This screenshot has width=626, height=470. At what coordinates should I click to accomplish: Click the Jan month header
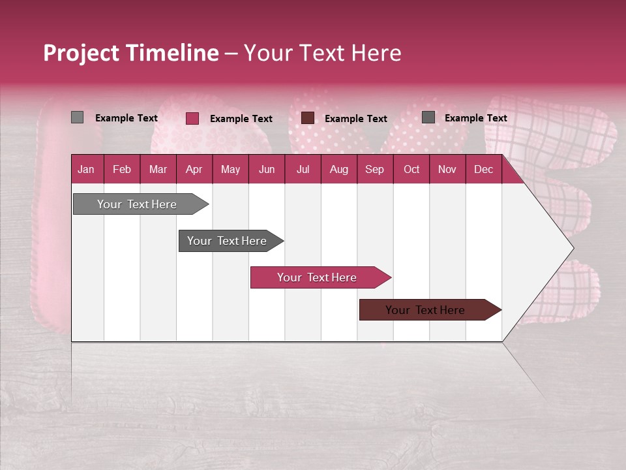(x=86, y=169)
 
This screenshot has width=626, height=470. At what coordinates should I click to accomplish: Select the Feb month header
(x=122, y=169)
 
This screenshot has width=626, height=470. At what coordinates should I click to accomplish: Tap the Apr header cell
(x=194, y=169)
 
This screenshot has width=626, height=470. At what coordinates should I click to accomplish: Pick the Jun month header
(x=267, y=169)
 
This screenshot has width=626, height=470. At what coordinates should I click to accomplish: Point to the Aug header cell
(x=338, y=169)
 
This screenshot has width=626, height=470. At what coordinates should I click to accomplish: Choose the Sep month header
(x=374, y=169)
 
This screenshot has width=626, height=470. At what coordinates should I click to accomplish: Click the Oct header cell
(x=411, y=169)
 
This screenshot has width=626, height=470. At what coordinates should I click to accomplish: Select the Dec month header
(x=483, y=169)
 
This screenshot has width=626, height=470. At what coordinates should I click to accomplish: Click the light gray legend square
(x=77, y=117)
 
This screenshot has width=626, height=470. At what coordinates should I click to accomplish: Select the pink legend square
(x=192, y=118)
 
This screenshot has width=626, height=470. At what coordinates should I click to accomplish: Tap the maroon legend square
(x=308, y=118)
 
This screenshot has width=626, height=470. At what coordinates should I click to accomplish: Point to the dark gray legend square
(x=428, y=117)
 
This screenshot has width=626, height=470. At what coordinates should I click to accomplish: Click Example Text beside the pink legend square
(x=241, y=119)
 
